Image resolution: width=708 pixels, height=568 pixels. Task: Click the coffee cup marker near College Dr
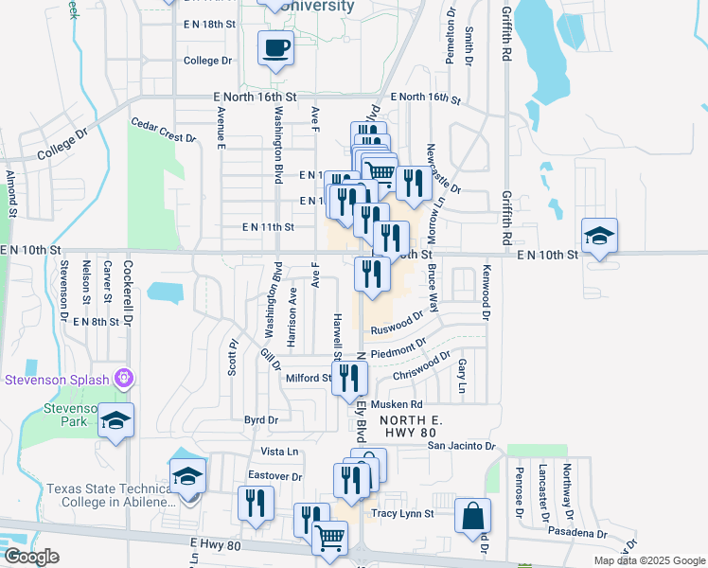coord(275,47)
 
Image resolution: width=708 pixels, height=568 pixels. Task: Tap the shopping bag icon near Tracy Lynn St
coord(472,517)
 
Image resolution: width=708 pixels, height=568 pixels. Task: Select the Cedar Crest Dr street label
coord(163,131)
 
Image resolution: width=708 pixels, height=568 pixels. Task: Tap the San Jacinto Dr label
coord(461,445)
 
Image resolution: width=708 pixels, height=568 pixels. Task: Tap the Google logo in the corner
coord(30,557)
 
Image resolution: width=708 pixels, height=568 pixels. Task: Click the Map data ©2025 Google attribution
coord(648,560)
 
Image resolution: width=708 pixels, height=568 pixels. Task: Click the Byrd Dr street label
coord(260,419)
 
